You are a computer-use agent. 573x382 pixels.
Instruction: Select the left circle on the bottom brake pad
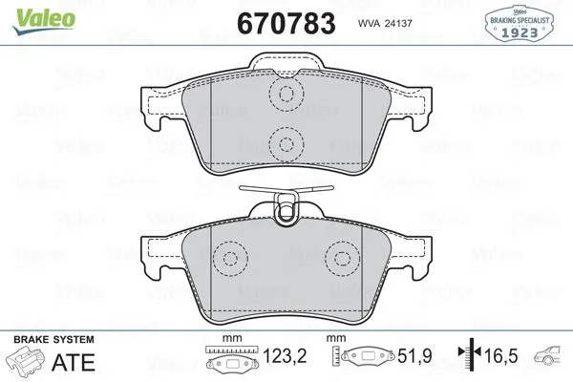point(229,260)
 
